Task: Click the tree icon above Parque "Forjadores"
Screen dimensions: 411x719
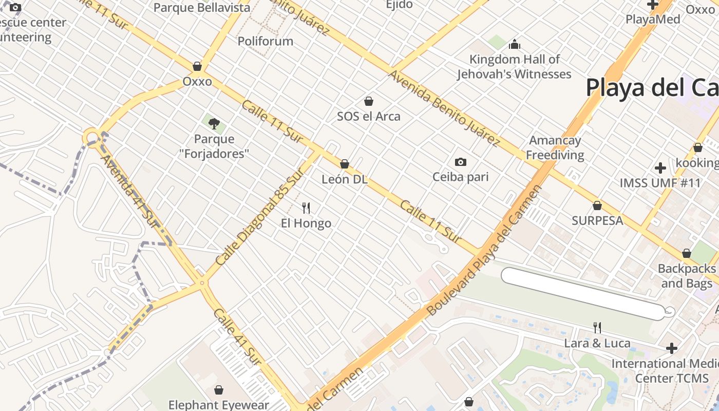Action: [x=214, y=123]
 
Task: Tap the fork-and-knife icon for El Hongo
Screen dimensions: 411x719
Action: [x=306, y=208]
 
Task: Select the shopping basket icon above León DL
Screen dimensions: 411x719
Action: [x=345, y=164]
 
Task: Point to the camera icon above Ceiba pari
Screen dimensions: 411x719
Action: [x=461, y=162]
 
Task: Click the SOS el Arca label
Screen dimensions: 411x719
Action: [x=368, y=117]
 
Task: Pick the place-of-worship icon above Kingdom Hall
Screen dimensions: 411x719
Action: [x=515, y=44]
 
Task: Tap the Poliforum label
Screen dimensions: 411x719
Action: [x=265, y=41]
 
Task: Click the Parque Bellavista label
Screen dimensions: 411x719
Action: [x=202, y=8]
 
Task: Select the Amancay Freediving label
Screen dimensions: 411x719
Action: [x=555, y=147]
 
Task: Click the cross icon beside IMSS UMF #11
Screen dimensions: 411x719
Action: [x=660, y=168]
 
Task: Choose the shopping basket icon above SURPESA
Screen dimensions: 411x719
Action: [x=597, y=206]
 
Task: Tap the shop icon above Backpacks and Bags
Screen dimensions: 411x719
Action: [x=687, y=253]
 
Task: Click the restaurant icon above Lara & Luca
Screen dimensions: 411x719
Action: [x=597, y=327]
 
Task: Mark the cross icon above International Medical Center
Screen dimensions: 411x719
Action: [x=672, y=348]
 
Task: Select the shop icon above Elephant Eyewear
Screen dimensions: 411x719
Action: [x=219, y=390]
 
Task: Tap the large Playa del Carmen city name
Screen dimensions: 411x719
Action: [x=652, y=87]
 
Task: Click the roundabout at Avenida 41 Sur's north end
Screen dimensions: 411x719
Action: [x=92, y=138]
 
